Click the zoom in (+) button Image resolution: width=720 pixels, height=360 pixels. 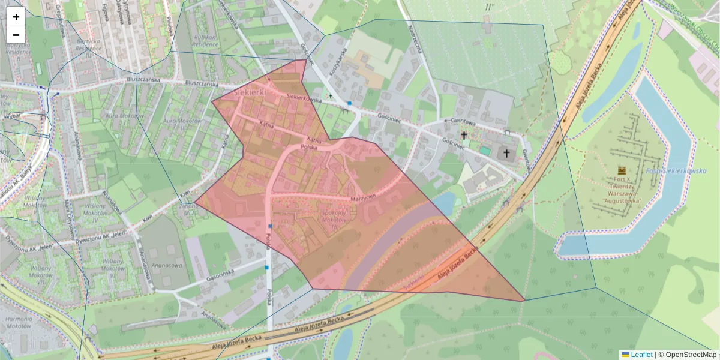pyautogui.click(x=16, y=17)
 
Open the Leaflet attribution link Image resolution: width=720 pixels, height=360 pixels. pyautogui.click(x=641, y=355)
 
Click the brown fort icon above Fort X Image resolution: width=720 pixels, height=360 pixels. pyautogui.click(x=621, y=171)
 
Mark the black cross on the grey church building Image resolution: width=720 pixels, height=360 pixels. pyautogui.click(x=506, y=154)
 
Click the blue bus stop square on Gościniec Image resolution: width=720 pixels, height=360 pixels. pyautogui.click(x=349, y=103)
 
